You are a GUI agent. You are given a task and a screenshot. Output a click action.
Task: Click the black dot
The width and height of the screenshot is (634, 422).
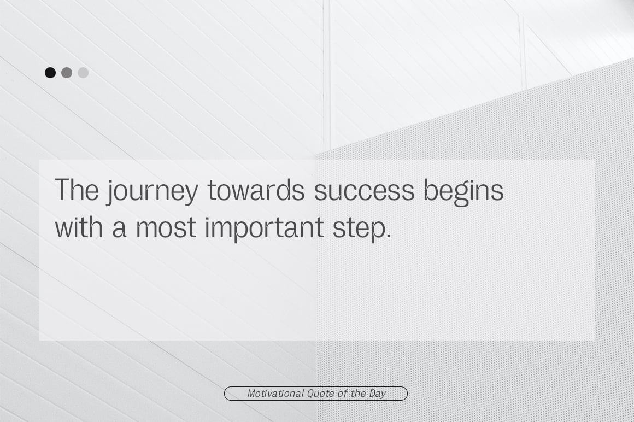point(50,73)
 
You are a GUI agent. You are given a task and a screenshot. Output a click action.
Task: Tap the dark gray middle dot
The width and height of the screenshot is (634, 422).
point(67,73)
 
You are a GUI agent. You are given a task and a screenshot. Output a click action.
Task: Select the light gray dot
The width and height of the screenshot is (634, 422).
point(83,73)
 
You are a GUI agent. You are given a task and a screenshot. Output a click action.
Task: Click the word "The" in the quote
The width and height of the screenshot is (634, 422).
point(77,189)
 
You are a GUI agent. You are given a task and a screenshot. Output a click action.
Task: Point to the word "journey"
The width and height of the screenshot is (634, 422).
point(152,191)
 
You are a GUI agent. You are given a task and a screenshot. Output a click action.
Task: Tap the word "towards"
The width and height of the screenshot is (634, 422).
point(256,189)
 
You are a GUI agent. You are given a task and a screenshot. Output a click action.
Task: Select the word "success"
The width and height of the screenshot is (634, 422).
point(365,191)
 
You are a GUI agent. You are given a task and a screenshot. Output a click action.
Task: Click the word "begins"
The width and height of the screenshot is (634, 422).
point(463,191)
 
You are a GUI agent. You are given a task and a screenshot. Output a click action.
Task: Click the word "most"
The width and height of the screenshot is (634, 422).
point(166,228)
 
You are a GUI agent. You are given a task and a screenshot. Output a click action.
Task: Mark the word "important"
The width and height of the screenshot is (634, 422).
point(265,228)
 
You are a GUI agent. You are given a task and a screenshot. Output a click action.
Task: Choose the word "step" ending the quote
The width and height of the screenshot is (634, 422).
point(358,229)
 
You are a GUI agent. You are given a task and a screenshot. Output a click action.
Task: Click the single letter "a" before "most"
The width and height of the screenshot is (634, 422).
point(119,228)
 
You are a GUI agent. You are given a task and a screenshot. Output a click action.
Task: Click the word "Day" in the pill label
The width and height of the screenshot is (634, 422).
point(378,394)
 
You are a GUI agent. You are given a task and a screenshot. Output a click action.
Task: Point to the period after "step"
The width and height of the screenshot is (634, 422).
point(389,236)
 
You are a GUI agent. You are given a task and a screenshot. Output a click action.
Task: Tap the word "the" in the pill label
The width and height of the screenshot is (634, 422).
point(358,393)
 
